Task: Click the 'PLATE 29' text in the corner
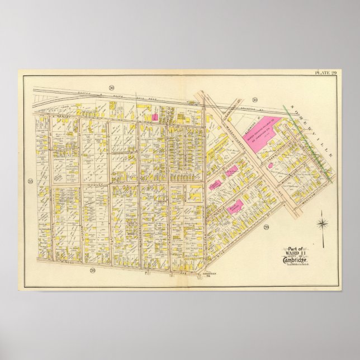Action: (x=326, y=73)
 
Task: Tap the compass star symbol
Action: (x=322, y=225)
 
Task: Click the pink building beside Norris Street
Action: (x=235, y=206)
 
